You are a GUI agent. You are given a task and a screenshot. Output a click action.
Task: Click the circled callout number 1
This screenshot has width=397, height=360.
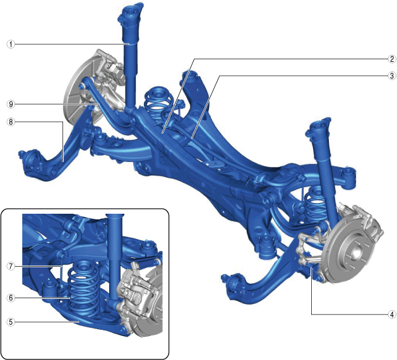[11, 45]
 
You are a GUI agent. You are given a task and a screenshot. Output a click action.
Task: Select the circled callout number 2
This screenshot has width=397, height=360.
[392, 59]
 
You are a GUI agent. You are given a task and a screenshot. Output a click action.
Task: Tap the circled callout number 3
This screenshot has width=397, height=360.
[392, 76]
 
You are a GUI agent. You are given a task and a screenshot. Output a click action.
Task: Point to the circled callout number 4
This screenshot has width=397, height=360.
[392, 315]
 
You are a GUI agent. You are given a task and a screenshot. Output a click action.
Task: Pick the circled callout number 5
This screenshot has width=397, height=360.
[11, 322]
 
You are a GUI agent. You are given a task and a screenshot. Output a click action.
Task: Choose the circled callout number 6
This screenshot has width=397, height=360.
[11, 298]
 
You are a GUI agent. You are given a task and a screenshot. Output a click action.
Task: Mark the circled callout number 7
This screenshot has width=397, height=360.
[11, 266]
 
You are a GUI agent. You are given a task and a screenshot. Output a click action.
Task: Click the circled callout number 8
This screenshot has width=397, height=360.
[11, 122]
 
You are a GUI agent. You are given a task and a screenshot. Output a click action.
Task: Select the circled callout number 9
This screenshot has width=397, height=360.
[11, 104]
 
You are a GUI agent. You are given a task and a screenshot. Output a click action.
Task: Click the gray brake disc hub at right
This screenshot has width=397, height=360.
[355, 252]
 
